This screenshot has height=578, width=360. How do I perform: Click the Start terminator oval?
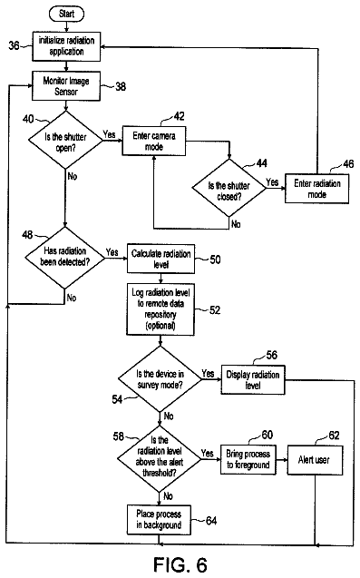(66, 14)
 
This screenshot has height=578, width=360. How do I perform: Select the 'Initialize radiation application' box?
(66, 46)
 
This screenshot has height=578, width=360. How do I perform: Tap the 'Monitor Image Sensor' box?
(66, 86)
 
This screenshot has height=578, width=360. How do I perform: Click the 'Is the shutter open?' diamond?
(65, 141)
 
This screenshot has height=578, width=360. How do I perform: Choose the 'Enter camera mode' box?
(154, 141)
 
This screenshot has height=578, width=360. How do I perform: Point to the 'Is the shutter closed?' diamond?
(229, 188)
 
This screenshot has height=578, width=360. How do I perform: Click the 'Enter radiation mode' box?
(316, 189)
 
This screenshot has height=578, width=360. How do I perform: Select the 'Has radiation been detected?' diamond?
(65, 258)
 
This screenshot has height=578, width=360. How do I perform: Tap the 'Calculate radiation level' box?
(161, 259)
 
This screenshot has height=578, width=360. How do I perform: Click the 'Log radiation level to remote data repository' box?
(161, 309)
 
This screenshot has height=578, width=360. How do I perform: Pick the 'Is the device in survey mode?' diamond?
(160, 379)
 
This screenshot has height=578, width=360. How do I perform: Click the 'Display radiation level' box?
(253, 379)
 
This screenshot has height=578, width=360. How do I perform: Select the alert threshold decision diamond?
(160, 458)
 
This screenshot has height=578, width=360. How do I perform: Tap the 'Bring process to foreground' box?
(248, 460)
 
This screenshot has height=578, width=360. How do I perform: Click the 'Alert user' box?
(315, 460)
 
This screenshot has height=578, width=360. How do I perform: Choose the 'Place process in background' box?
(160, 520)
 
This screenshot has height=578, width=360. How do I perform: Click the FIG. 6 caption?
(180, 564)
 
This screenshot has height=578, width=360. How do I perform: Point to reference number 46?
(348, 163)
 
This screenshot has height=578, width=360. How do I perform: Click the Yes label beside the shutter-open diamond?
(109, 134)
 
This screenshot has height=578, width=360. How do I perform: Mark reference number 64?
(211, 521)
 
